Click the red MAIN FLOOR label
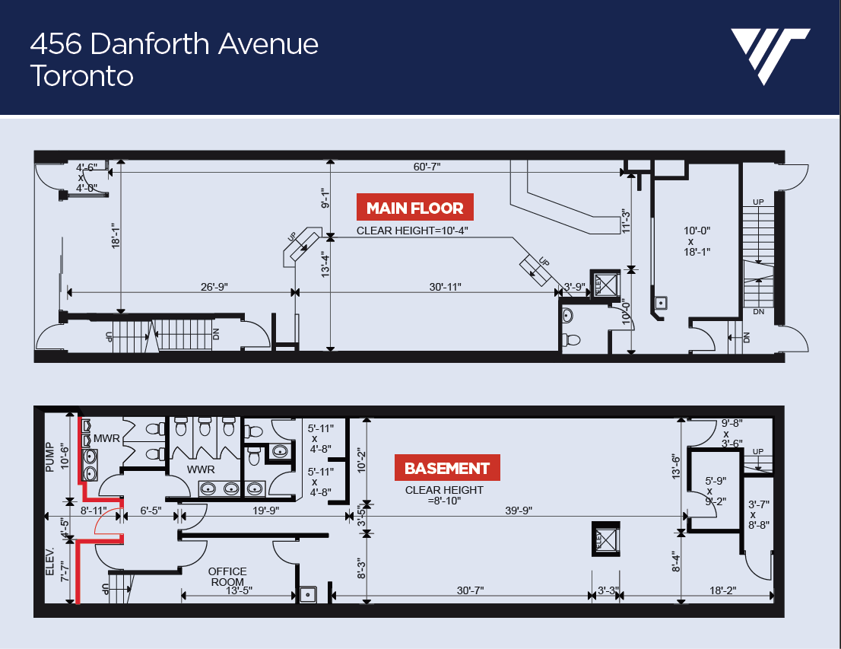coord(414,207)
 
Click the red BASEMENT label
coord(447,468)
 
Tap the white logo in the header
coord(770,56)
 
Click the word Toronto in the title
coord(81,75)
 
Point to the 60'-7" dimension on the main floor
coord(427,167)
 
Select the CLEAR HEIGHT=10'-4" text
coord(412,231)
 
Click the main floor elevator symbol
coord(605,284)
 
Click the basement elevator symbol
coord(606,539)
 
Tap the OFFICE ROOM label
coord(227,577)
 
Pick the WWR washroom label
coord(201,469)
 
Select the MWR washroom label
coord(106,438)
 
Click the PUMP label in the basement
coord(50,457)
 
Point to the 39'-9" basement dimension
coord(518,510)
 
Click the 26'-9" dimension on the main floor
coord(214,287)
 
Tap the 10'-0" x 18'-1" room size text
coord(697,241)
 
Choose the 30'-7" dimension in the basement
coord(471,590)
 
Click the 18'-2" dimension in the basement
coord(722,590)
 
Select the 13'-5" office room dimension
coord(239,590)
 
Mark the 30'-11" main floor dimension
coord(445,287)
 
